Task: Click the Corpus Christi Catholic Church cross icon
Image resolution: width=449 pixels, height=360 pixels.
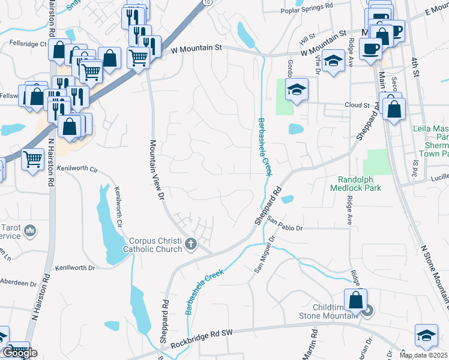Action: pyautogui.click(x=191, y=244)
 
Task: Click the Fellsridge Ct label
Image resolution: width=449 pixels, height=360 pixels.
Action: pyautogui.click(x=28, y=44)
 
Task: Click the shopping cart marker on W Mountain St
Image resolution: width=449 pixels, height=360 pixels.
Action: pyautogui.click(x=138, y=58)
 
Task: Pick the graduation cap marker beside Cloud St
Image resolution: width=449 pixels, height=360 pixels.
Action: pyautogui.click(x=296, y=89)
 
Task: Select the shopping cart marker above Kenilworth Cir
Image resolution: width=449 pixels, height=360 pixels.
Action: pyautogui.click(x=32, y=159)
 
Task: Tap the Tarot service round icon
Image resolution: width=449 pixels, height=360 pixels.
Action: pyautogui.click(x=32, y=230)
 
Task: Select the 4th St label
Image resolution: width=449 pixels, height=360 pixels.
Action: pyautogui.click(x=415, y=60)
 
